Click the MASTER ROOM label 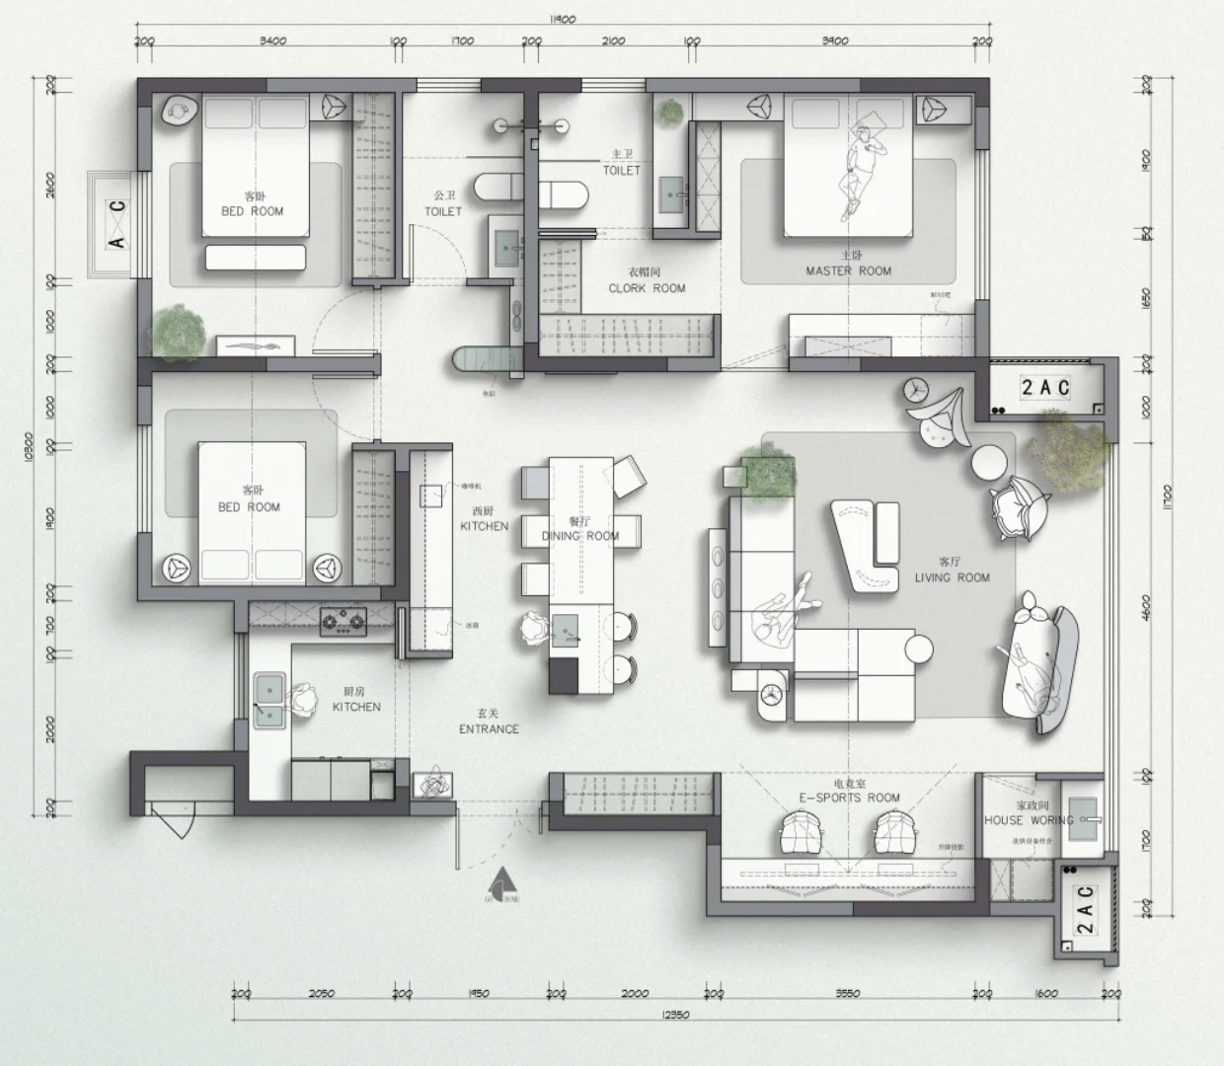click(848, 270)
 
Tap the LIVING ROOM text click(952, 577)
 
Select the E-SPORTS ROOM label click(849, 798)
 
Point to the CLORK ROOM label click(647, 288)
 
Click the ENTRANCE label click(489, 728)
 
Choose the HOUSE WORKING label click(1028, 820)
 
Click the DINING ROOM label click(580, 536)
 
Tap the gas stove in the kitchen click(343, 621)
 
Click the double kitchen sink click(268, 699)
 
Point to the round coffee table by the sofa click(917, 648)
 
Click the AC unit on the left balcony click(116, 223)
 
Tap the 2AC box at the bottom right click(1085, 909)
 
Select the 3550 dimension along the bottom click(847, 993)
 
